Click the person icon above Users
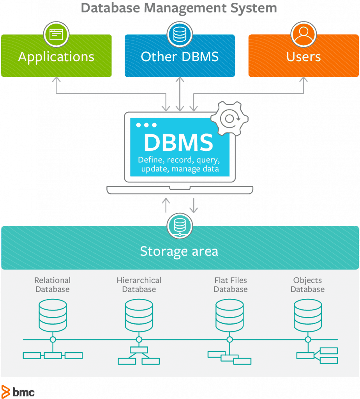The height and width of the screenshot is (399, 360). click(x=304, y=34)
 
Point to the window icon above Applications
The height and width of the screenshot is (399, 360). click(x=56, y=34)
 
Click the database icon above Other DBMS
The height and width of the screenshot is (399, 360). click(x=180, y=34)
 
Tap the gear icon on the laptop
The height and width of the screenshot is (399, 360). click(x=229, y=118)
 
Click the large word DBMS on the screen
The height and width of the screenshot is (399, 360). click(x=179, y=143)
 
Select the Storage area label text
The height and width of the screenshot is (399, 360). click(x=179, y=251)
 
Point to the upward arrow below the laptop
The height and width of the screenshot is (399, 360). click(x=166, y=205)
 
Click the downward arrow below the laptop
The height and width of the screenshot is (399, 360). click(x=193, y=205)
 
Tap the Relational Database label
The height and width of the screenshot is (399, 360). click(x=52, y=285)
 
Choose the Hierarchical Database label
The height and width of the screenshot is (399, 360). click(x=139, y=285)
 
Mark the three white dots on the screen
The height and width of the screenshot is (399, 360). click(x=146, y=125)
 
